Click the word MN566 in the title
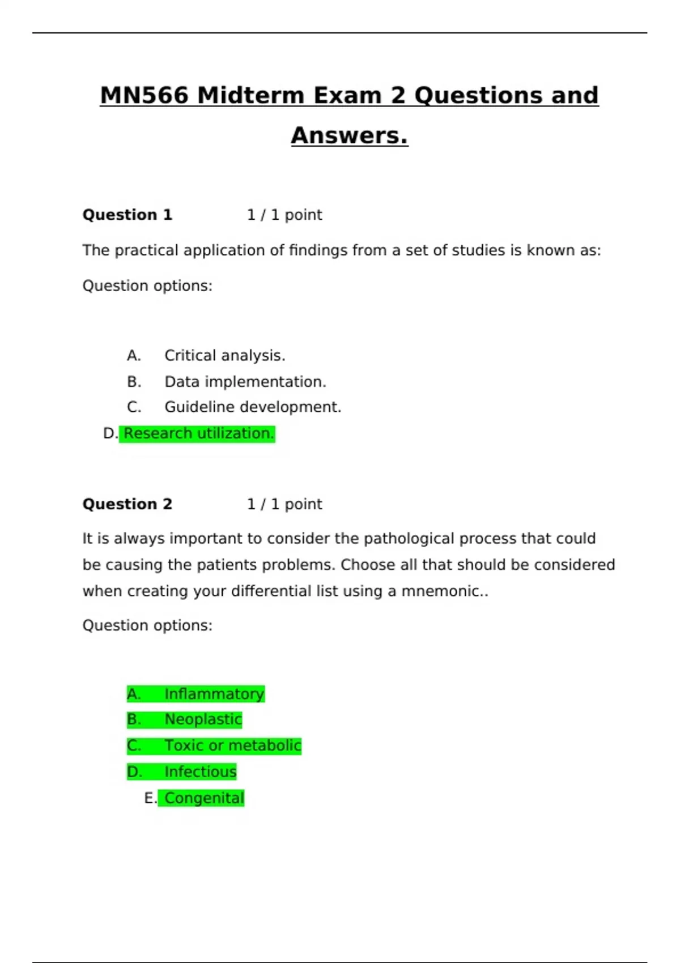[x=143, y=95]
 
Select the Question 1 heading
[x=127, y=215]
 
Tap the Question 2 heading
[x=127, y=504]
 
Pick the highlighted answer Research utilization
[x=198, y=433]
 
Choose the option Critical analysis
[x=224, y=356]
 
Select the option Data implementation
[x=245, y=382]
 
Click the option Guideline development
[x=253, y=407]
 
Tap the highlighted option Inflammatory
[x=214, y=694]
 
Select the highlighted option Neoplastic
[x=203, y=719]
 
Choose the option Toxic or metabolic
[x=232, y=745]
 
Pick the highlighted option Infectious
[x=200, y=772]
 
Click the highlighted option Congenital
[x=204, y=798]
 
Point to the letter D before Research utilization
[x=109, y=434]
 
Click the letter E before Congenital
[x=150, y=798]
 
